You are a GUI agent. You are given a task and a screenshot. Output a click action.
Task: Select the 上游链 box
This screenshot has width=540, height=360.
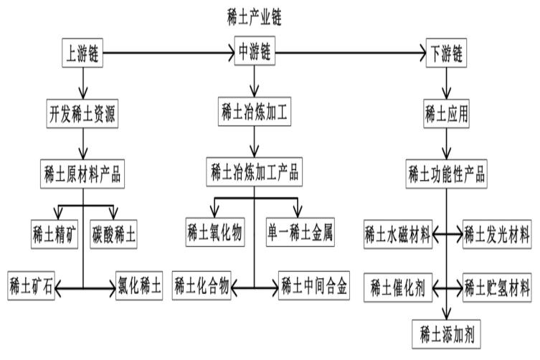[x=83, y=53]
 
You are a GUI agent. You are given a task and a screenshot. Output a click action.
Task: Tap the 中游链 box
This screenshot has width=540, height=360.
[x=255, y=53]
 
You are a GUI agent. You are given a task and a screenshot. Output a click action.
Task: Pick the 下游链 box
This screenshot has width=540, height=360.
[x=447, y=54]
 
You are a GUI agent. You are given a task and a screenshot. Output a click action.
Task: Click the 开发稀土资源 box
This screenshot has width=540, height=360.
[x=83, y=113]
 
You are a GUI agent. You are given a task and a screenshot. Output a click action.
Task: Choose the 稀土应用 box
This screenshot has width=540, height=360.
[x=447, y=113]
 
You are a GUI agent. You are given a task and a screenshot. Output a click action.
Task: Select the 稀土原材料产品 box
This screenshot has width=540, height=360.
[x=83, y=173]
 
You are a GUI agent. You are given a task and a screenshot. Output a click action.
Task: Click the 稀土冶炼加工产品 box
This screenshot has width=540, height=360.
[x=255, y=172]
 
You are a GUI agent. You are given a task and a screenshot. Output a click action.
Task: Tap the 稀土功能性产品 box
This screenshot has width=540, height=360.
[x=447, y=173]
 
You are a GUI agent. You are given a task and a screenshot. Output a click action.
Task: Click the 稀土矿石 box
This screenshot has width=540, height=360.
[x=32, y=287]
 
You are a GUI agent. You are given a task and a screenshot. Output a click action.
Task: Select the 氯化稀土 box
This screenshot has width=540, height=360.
[x=140, y=287]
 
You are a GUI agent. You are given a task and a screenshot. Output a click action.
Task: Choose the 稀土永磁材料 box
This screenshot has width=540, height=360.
[x=397, y=234]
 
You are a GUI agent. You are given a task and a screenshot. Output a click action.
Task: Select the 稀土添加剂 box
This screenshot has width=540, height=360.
[x=446, y=334]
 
